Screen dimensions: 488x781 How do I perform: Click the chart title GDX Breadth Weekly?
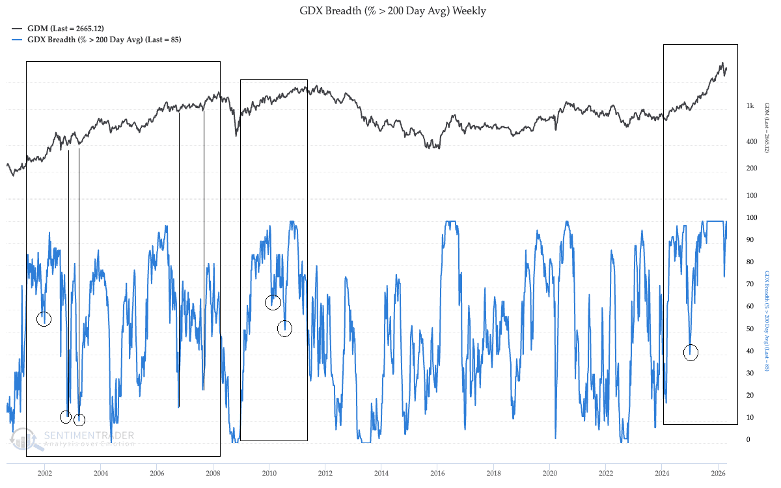392,11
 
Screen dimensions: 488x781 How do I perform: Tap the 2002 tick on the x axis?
44,472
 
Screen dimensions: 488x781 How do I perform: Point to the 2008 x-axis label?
213,472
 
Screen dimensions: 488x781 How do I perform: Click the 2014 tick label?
381,472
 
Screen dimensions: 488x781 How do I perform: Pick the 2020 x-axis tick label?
550,472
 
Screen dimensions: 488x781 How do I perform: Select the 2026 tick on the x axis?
718,472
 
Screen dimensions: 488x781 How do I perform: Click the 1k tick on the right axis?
750,106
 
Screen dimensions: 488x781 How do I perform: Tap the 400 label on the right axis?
751,142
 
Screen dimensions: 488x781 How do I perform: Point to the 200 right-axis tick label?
751,169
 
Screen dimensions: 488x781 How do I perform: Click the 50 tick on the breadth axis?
750,329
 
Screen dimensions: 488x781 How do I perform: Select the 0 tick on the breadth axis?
748,440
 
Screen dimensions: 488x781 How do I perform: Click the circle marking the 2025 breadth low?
691,353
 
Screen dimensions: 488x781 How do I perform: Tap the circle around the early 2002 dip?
44,319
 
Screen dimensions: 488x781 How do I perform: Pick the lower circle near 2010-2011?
284,329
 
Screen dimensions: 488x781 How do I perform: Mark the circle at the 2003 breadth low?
79,420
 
